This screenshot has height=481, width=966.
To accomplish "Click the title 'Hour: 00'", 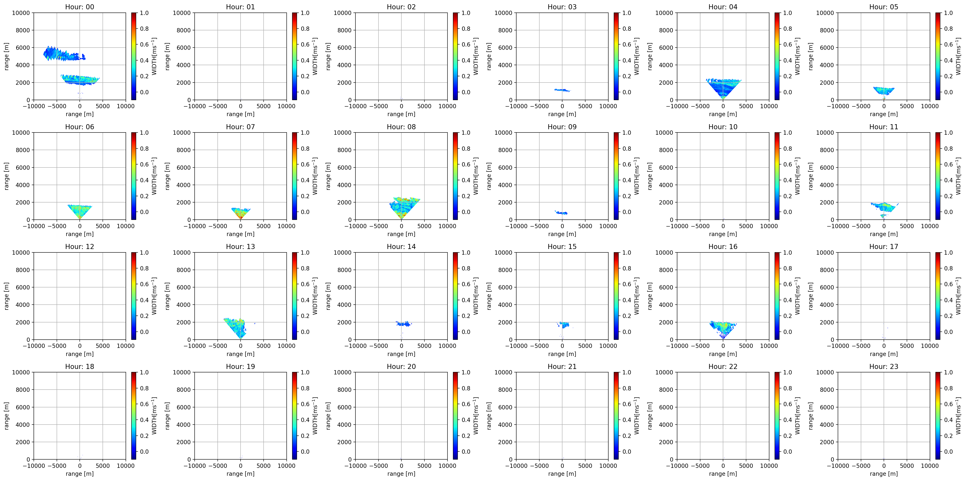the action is (80, 7).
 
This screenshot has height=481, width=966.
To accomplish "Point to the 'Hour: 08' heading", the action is (401, 127).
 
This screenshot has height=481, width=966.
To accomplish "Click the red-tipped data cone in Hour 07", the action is (240, 213).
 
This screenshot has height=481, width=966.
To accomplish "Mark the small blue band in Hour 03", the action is (562, 90).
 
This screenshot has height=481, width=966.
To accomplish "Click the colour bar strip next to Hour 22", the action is (777, 415).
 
